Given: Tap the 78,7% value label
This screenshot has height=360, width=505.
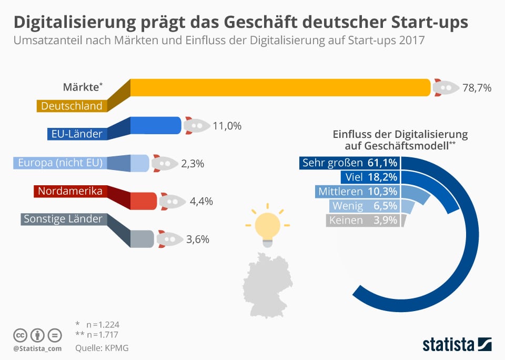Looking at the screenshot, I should (x=476, y=88).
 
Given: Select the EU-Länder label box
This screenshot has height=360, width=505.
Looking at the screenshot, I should (x=77, y=134).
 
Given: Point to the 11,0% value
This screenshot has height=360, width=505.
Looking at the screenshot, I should (x=227, y=126).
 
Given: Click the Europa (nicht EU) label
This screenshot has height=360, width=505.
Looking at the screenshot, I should (x=60, y=162).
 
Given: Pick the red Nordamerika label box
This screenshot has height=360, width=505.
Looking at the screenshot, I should (x=68, y=191).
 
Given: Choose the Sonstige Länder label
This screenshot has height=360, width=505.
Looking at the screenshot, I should (x=64, y=218).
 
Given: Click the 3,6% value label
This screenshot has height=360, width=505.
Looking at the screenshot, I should (x=197, y=239).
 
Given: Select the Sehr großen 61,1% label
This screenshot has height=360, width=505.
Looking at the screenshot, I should (x=349, y=162).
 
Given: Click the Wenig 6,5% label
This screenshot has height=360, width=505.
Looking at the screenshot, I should (x=363, y=206).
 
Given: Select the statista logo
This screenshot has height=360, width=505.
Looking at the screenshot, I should (x=457, y=344).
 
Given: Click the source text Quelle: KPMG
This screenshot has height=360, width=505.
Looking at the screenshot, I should (x=102, y=348).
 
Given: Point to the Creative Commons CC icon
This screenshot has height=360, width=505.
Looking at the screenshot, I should (x=21, y=335).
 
